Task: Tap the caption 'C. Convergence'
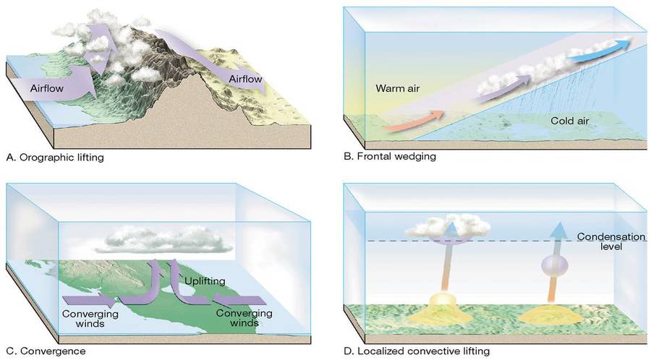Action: click(46, 351)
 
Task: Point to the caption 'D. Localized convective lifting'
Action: click(417, 351)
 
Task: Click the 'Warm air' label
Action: click(398, 89)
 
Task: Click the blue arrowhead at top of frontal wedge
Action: click(615, 45)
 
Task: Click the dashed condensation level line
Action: click(506, 241)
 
